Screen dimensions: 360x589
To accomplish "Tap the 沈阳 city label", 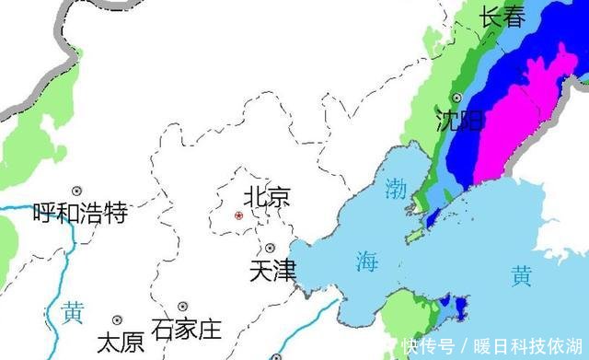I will coord(459,121).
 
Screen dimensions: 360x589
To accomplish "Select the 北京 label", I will coord(267,196).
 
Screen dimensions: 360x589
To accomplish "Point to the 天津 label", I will coord(273,271).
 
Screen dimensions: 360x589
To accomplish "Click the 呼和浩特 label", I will coord(79,214).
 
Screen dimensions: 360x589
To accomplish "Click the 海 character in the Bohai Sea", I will coord(367,261).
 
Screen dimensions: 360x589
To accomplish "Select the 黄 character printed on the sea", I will coord(522,274).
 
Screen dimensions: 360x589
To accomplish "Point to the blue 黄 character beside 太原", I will coord(73,312).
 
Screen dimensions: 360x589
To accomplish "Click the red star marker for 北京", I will coord(239,215).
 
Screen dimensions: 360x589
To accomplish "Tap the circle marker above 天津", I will coord(270,248).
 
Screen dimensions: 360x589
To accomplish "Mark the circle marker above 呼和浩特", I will coord(77,191).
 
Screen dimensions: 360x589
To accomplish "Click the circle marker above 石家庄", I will coord(183,306).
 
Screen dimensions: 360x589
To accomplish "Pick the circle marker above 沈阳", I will coord(456,98).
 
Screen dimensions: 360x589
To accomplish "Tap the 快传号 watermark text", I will coord(428,347).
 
